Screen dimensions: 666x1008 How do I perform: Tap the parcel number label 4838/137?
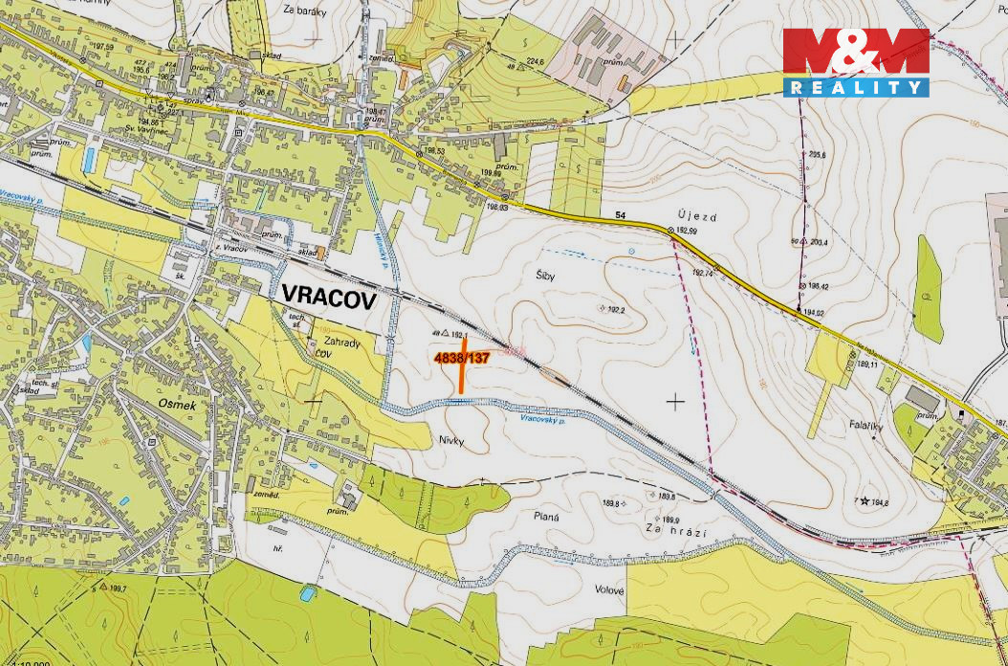[462, 358]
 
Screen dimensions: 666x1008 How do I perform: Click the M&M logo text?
[856, 54]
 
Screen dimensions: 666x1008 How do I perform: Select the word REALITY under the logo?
[856, 87]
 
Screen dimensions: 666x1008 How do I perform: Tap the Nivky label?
[451, 440]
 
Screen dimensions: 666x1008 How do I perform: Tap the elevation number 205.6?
[816, 155]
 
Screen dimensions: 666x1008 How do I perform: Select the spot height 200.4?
[818, 242]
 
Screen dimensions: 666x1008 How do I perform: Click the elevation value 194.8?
[880, 502]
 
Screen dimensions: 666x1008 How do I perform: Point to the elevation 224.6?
[533, 62]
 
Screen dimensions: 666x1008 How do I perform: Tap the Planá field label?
[546, 517]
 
